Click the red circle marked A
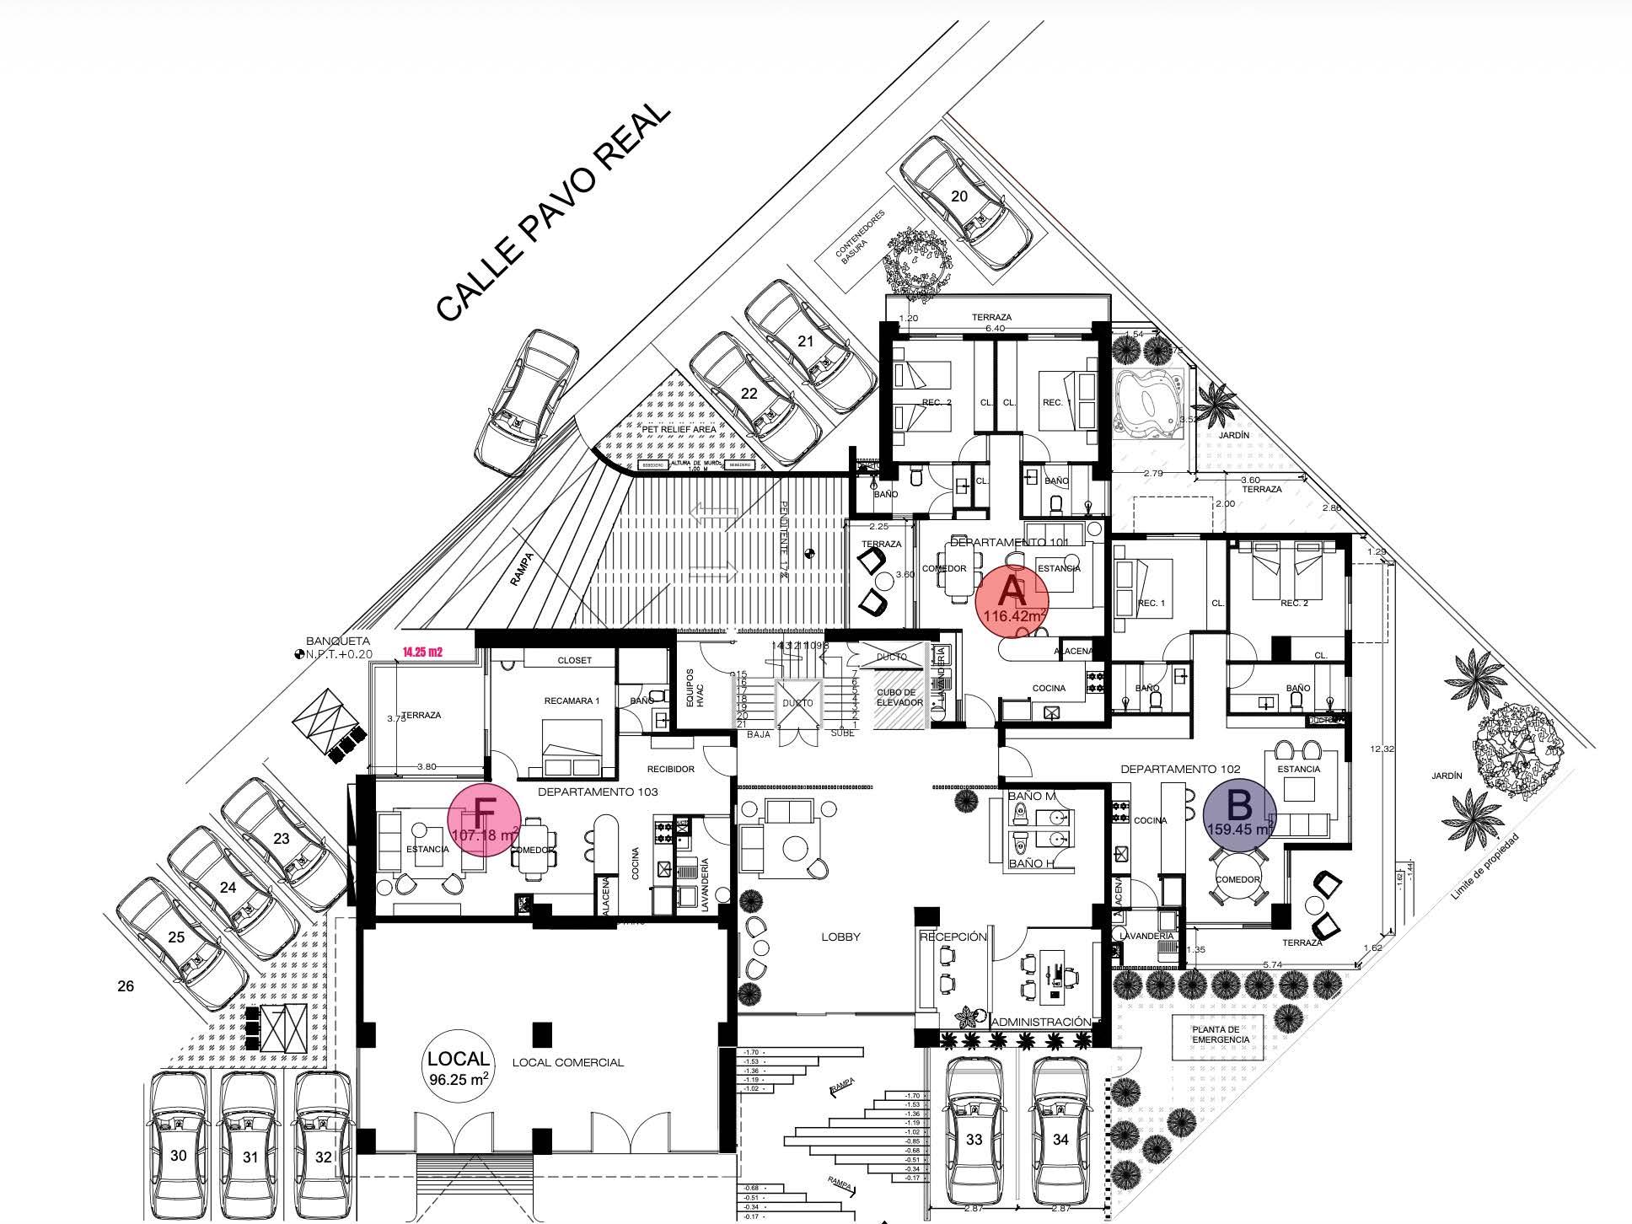1012,599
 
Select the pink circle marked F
483,819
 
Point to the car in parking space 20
965,202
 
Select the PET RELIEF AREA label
679,429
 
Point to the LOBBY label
840,937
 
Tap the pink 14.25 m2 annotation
422,652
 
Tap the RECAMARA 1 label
572,701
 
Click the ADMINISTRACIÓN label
1041,1022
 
